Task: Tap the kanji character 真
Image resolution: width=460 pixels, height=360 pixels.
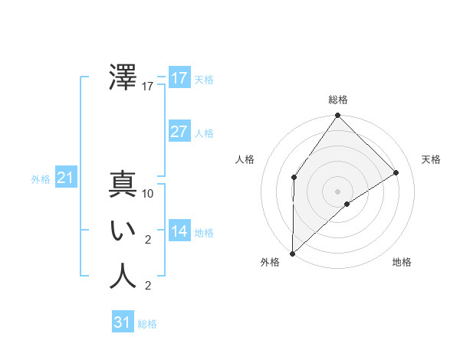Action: pos(123,185)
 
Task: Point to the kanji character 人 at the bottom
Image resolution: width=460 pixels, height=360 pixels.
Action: pos(123,277)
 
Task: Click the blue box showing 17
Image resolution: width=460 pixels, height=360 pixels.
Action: pos(179,78)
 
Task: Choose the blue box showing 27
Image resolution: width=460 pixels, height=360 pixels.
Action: pos(179,132)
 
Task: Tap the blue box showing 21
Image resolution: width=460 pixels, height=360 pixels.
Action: pos(66,178)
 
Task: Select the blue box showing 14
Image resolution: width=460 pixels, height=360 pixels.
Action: pos(179,231)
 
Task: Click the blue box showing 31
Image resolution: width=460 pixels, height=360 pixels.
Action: pos(123,322)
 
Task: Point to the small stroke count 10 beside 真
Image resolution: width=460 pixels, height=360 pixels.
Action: pos(148,194)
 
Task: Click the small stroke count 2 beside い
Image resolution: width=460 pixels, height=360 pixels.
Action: pos(148,240)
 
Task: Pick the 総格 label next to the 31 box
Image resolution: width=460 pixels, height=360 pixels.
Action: pos(147,324)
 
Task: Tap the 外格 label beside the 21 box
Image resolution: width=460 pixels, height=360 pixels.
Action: pos(41,179)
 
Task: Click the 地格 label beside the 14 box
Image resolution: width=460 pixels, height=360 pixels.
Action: pos(204,233)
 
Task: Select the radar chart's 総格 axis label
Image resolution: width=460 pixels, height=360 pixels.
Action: pos(337,100)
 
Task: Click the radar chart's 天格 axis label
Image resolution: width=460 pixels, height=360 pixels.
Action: pos(431,159)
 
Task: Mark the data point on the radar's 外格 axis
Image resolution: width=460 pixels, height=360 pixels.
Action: pos(292,253)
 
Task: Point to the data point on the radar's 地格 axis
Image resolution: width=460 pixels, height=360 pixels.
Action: pos(347,204)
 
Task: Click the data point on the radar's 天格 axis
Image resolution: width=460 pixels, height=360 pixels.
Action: pos(396,172)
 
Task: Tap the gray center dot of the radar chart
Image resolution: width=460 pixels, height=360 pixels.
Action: pos(337,191)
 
